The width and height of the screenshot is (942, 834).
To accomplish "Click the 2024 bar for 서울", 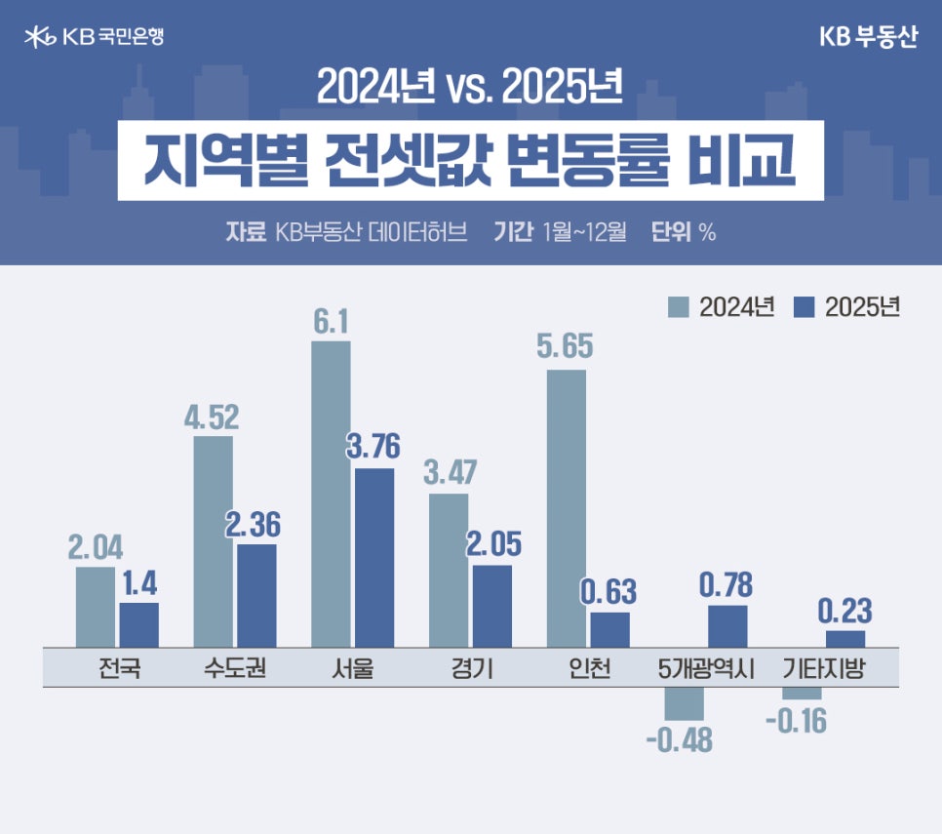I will click(331, 493).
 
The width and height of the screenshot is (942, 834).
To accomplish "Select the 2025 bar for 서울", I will click(374, 556).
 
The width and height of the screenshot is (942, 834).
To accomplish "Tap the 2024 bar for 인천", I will click(567, 507).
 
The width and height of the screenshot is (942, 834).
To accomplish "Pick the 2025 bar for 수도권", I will click(256, 595).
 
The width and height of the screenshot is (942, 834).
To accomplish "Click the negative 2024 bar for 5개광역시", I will click(684, 703).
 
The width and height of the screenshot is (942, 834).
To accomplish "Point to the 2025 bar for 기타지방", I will click(845, 638).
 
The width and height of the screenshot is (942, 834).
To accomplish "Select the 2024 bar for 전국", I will click(96, 606).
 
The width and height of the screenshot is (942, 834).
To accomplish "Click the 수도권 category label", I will click(236, 670).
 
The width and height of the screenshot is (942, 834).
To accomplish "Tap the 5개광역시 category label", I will click(707, 670).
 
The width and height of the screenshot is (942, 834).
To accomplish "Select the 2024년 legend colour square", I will click(679, 306).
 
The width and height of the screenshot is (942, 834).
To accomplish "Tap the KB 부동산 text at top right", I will click(868, 37).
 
